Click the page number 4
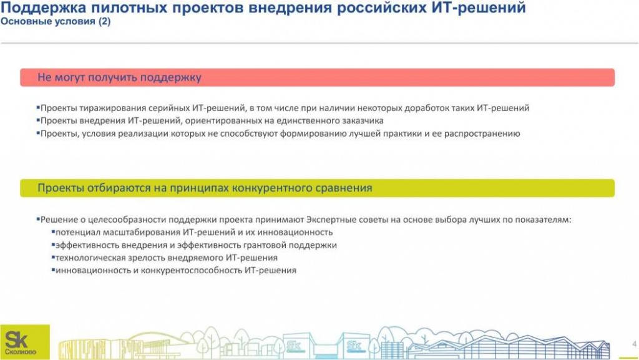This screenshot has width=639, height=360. tap(626, 342)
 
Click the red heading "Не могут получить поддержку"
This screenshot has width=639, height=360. tap(119, 77)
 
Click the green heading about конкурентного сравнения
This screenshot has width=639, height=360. tap(205, 188)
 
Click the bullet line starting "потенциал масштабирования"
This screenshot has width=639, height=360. tap(190, 232)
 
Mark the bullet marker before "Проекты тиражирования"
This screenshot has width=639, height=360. tap(37, 107)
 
